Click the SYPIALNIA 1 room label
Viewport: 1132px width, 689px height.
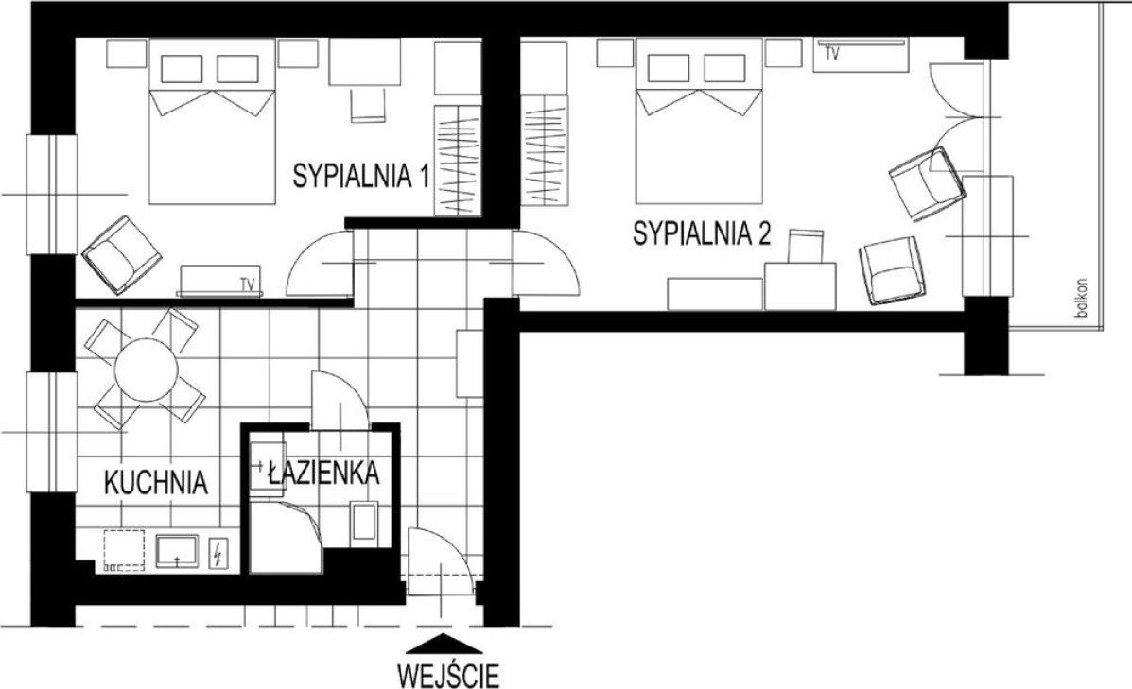(x=361, y=176)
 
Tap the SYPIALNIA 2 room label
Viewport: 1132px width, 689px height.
(x=702, y=233)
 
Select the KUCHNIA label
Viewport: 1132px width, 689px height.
(x=156, y=482)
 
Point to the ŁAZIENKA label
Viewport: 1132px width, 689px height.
(x=322, y=473)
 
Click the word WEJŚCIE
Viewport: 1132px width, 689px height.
(x=448, y=676)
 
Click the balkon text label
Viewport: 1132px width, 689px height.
(x=1081, y=298)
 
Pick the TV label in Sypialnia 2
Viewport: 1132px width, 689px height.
(x=831, y=53)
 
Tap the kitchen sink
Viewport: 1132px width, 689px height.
(x=178, y=552)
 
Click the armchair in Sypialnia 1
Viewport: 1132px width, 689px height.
(x=121, y=254)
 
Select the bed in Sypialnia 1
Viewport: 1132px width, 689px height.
(x=212, y=121)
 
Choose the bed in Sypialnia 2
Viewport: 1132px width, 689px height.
(x=699, y=121)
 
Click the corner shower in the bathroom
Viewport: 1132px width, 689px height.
(x=287, y=537)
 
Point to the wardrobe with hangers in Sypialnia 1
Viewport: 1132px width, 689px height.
(x=457, y=160)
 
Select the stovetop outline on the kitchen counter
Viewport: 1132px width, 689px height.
(x=124, y=551)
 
